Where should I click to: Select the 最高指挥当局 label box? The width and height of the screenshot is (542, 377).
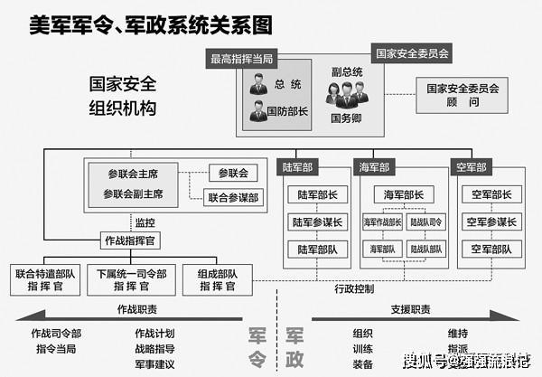click(241, 61)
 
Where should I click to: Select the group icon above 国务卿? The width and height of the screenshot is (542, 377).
click(347, 92)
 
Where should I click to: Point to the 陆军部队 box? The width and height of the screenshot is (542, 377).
click(316, 249)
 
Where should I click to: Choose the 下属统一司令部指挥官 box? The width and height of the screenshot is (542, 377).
click(126, 278)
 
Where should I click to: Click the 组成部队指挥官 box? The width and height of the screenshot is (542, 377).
click(212, 278)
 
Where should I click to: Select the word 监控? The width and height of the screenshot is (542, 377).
click(145, 221)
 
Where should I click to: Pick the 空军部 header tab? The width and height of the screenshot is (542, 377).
click(471, 167)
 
